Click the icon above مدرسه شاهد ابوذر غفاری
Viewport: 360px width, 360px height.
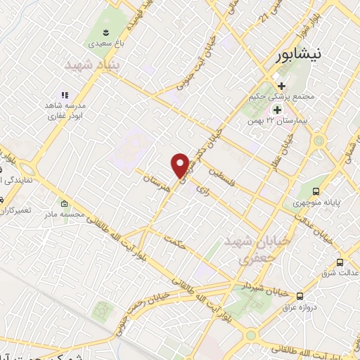pos(64,95)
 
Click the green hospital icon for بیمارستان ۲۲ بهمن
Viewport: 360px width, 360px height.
pos(277,110)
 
